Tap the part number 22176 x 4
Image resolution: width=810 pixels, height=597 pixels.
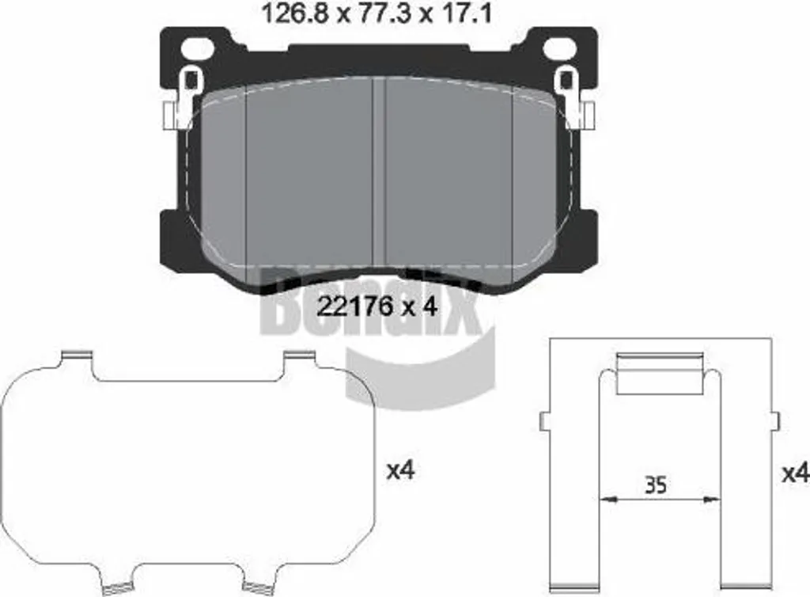click(x=377, y=307)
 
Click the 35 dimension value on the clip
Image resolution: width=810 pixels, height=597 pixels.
click(x=656, y=485)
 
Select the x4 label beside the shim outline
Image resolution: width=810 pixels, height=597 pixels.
click(x=401, y=470)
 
